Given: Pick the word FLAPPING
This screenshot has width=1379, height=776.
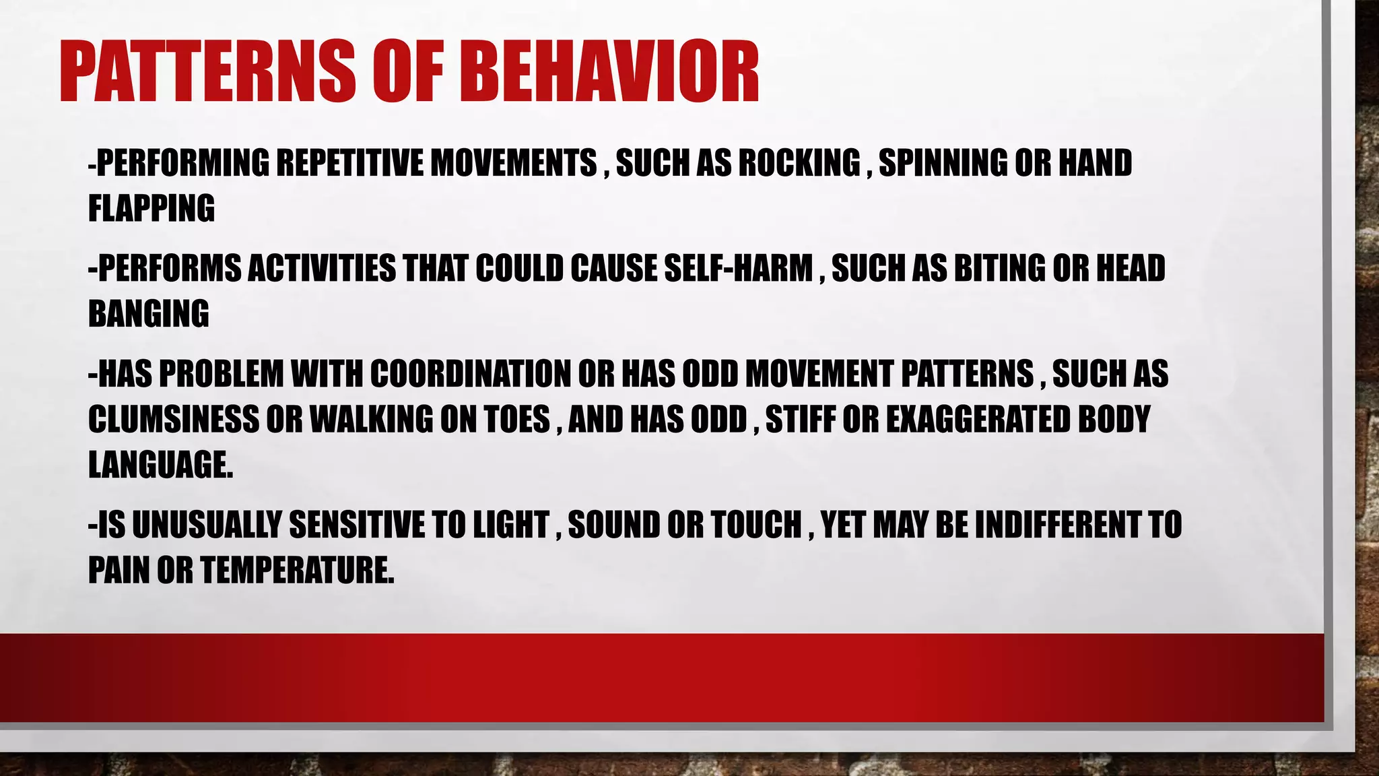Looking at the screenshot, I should tap(152, 208).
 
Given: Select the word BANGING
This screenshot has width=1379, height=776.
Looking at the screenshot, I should tap(149, 314).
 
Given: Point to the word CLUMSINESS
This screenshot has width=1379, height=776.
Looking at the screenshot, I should tap(173, 419).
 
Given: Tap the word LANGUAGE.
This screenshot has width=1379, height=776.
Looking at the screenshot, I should tap(160, 465).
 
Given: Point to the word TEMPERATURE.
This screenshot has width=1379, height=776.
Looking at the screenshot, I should tap(296, 570).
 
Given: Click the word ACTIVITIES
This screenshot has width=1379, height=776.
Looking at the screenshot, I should tap(322, 268).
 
